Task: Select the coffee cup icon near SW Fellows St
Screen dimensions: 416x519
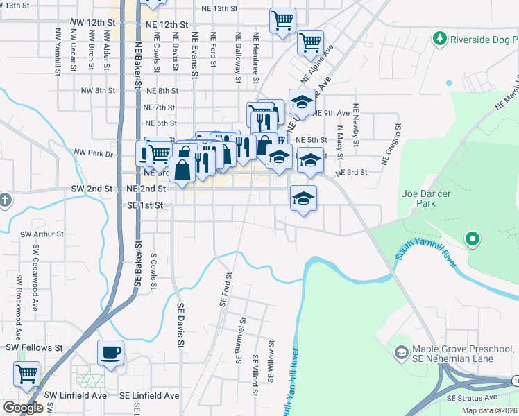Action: (x=110, y=352)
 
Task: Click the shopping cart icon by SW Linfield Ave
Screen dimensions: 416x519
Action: (x=26, y=374)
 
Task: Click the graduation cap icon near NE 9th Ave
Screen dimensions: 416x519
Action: (x=302, y=101)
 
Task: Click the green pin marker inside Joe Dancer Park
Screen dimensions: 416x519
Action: (x=473, y=240)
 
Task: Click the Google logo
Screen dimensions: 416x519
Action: (x=22, y=408)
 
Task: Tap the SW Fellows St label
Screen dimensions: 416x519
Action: (x=34, y=347)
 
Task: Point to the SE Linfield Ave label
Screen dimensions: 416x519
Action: (x=148, y=395)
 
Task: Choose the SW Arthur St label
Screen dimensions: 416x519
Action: (x=42, y=234)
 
